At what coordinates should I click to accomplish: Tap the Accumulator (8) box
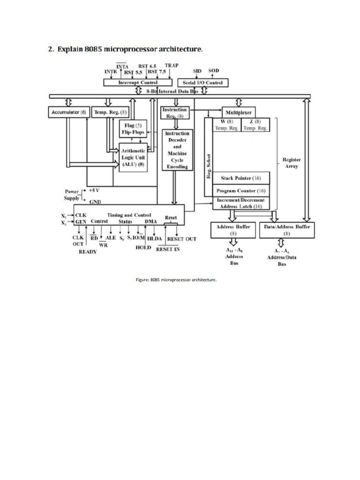pyautogui.click(x=68, y=112)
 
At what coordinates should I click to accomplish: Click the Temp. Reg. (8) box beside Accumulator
pyautogui.click(x=110, y=112)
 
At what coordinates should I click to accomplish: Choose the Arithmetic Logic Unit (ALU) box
pyautogui.click(x=133, y=158)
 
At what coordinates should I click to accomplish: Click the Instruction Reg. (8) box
pyautogui.click(x=175, y=112)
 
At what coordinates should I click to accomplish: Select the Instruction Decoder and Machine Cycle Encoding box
pyautogui.click(x=177, y=150)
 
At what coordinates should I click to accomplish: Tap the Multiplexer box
pyautogui.click(x=238, y=112)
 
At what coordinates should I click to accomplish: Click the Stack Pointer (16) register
pyautogui.click(x=241, y=178)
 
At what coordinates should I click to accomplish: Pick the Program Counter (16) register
pyautogui.click(x=241, y=191)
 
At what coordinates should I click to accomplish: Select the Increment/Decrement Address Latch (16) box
pyautogui.click(x=241, y=203)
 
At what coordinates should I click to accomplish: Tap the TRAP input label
pyautogui.click(x=171, y=66)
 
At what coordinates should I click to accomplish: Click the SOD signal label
pyautogui.click(x=213, y=71)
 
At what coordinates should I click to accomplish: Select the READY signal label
pyautogui.click(x=87, y=252)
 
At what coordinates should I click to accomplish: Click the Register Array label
pyautogui.click(x=292, y=163)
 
